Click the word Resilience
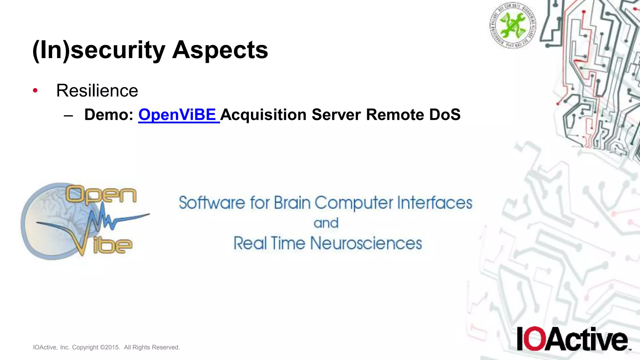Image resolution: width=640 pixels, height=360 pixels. point(97,91)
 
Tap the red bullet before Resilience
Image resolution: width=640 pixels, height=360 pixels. point(35,91)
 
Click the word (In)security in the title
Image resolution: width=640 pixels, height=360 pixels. point(99,51)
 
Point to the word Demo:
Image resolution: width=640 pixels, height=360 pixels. point(109,115)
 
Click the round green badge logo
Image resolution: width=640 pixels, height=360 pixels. point(512,25)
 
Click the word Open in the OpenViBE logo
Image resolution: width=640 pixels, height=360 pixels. point(101,195)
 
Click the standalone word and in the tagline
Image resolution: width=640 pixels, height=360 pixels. point(326,223)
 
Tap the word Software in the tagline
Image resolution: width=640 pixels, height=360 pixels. point(212,203)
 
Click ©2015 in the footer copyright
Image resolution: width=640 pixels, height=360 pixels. point(110,347)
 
